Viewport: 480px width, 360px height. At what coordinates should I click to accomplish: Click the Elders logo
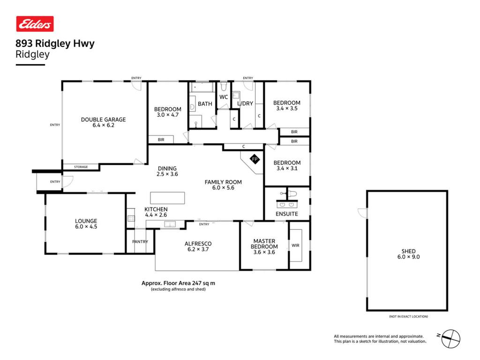pyautogui.click(x=35, y=24)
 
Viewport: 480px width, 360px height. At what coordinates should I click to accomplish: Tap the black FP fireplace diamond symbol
pyautogui.click(x=255, y=159)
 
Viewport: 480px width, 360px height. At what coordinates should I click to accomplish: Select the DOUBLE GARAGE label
pyautogui.click(x=103, y=120)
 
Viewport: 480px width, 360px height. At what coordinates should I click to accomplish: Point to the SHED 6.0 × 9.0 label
pyautogui.click(x=408, y=254)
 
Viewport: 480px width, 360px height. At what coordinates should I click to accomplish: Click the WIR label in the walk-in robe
pyautogui.click(x=295, y=245)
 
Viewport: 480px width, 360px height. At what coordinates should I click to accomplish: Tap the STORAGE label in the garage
pyautogui.click(x=81, y=167)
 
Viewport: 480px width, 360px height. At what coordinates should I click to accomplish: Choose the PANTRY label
pyautogui.click(x=140, y=241)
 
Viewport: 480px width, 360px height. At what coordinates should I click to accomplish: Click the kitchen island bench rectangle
pyautogui.click(x=167, y=198)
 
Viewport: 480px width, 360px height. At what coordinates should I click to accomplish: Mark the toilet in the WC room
pyautogui.click(x=224, y=86)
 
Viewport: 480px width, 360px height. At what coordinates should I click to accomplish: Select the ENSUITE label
pyautogui.click(x=286, y=214)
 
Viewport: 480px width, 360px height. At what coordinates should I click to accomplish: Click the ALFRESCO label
pyautogui.click(x=198, y=244)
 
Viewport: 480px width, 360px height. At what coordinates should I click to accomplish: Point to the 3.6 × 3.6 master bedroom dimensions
pyautogui.click(x=264, y=252)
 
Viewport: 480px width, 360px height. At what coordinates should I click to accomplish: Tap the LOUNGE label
pyautogui.click(x=86, y=221)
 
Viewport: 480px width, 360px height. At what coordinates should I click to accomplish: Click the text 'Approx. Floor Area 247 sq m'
pyautogui.click(x=178, y=283)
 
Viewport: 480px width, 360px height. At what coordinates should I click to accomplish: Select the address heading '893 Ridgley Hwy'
pyautogui.click(x=55, y=44)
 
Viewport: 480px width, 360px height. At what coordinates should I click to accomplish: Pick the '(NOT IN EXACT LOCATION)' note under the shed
pyautogui.click(x=408, y=316)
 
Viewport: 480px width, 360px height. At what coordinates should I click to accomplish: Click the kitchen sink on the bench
pyautogui.click(x=170, y=225)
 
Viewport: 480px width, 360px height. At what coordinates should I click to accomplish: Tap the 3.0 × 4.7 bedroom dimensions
pyautogui.click(x=168, y=115)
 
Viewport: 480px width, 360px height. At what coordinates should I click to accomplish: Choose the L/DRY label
pyautogui.click(x=245, y=104)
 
